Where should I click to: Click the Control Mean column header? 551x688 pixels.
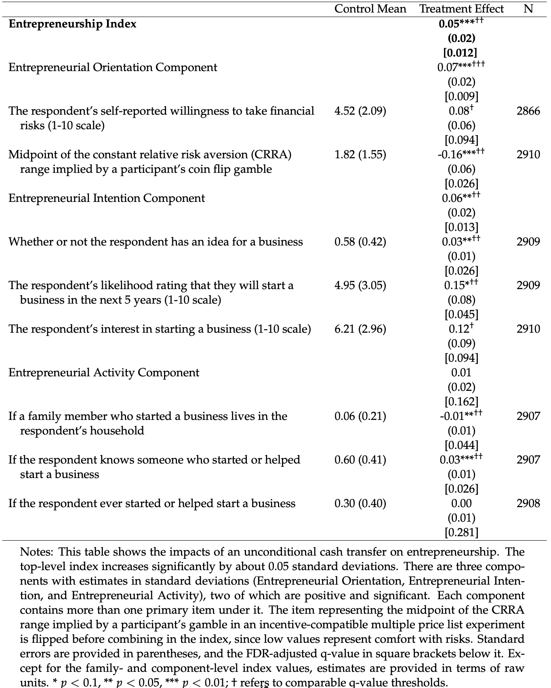pos(370,9)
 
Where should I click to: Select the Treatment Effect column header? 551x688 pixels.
pos(461,9)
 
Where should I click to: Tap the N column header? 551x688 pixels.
pos(528,9)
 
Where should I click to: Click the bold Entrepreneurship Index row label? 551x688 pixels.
pos(73,24)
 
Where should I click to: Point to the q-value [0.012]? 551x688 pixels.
pos(461,53)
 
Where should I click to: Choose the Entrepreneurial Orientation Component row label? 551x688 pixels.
pos(113,67)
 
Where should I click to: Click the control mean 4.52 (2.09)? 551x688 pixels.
pos(360,111)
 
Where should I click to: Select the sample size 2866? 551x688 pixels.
pos(528,111)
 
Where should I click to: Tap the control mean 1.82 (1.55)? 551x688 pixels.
pos(360,155)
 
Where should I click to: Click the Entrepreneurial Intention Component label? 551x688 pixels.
pos(107,198)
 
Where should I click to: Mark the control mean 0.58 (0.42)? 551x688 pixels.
pos(360,242)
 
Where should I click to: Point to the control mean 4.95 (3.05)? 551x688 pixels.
pos(360,285)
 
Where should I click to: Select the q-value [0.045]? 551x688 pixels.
pos(461,315)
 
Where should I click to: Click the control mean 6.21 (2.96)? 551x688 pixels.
pos(360,329)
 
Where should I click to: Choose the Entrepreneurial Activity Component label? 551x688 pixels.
pos(104,373)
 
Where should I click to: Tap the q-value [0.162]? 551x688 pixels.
pos(461,402)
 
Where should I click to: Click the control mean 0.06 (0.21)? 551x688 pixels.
pos(360,416)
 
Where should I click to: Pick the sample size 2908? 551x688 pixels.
pos(528,503)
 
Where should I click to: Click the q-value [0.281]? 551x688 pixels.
pos(461,533)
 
